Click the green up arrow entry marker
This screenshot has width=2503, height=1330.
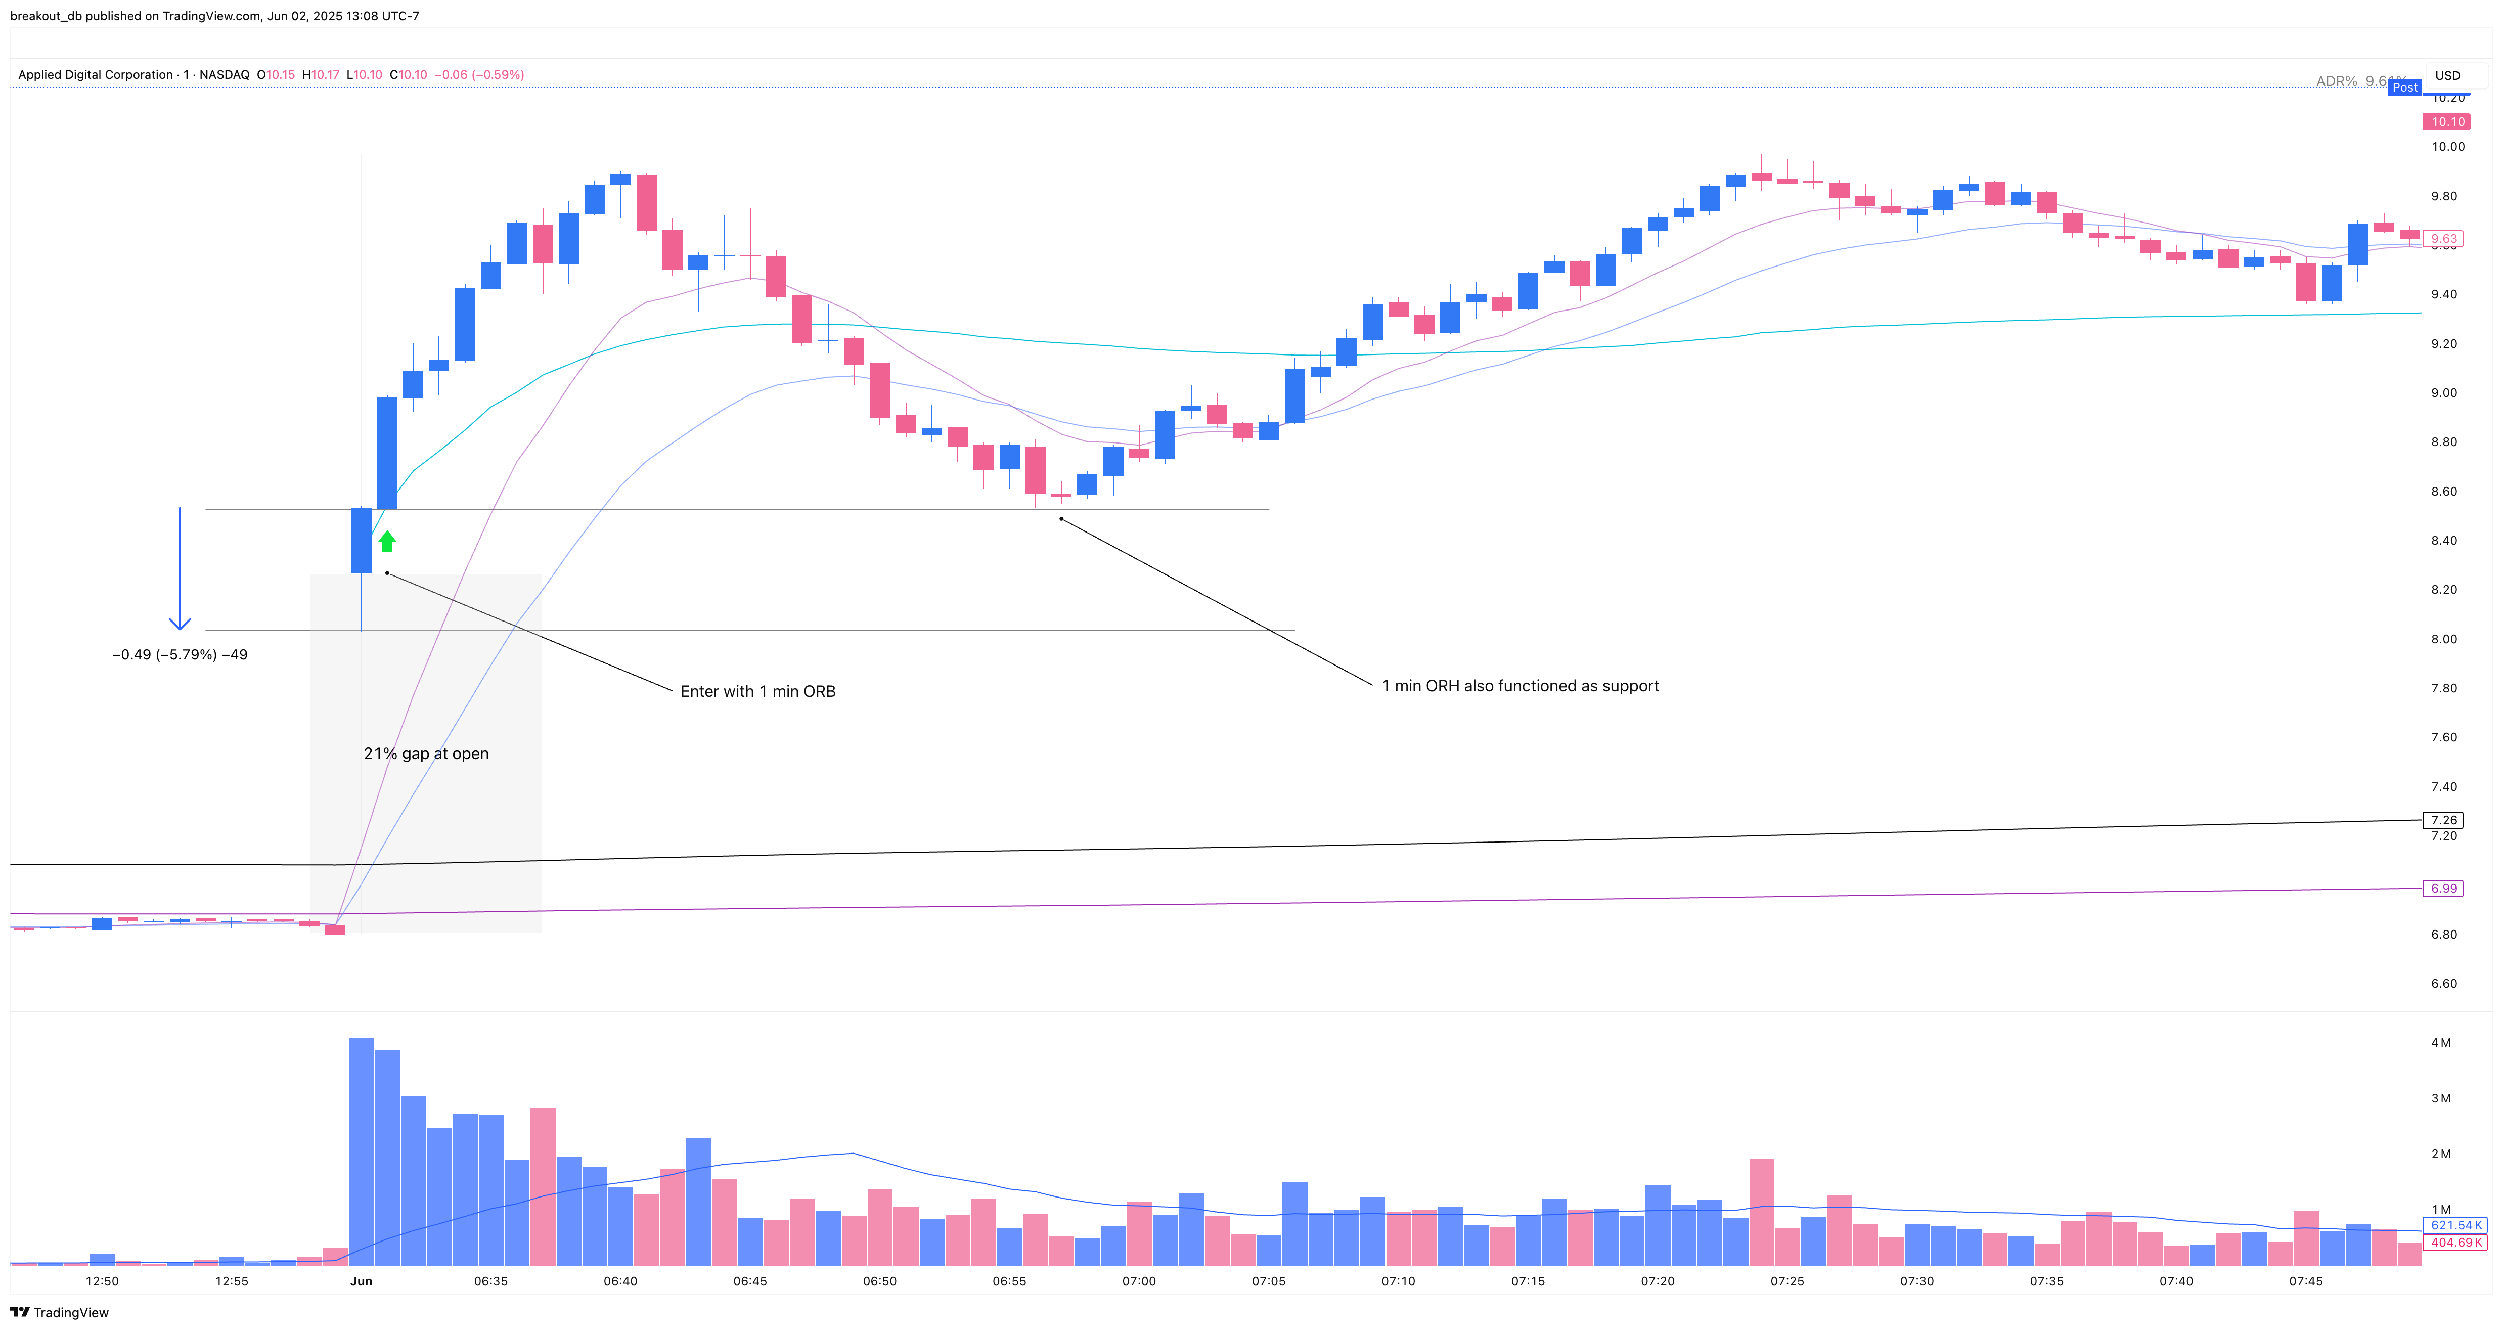(387, 541)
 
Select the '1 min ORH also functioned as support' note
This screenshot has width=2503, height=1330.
(1519, 686)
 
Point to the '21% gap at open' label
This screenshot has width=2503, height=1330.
(426, 754)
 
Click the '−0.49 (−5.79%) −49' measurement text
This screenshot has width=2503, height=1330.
(180, 655)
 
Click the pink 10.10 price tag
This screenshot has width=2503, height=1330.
(2447, 121)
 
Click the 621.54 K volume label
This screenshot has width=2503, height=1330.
(2455, 1225)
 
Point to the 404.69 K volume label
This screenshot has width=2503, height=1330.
(2455, 1243)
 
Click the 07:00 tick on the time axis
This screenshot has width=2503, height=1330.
(1139, 1281)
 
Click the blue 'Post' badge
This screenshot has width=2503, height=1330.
(2405, 87)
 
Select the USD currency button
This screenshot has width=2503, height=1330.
(2447, 75)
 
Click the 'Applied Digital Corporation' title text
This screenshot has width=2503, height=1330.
(95, 75)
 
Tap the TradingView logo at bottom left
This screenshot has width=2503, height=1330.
(60, 1312)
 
